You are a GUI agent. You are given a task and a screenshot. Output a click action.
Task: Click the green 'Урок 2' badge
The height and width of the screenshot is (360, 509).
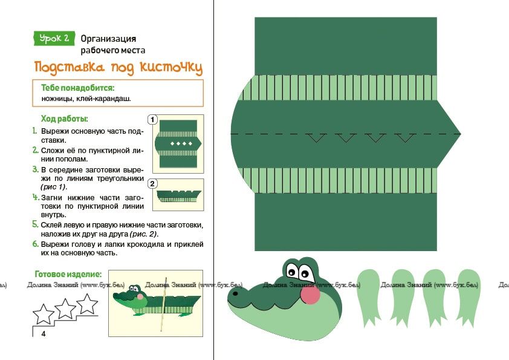pyautogui.click(x=54, y=38)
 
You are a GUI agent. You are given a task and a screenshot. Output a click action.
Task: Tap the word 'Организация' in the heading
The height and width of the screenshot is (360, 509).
pyautogui.click(x=108, y=39)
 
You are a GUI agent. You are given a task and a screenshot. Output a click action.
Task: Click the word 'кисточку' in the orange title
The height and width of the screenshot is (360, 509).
pyautogui.click(x=171, y=67)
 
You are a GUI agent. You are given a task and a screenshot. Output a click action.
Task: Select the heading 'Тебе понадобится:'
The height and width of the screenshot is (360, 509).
pyautogui.click(x=77, y=88)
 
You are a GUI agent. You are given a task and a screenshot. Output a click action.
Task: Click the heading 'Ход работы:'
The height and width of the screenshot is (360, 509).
pyautogui.click(x=64, y=119)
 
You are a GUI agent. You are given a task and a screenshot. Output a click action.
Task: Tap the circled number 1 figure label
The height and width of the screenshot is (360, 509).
pyautogui.click(x=152, y=120)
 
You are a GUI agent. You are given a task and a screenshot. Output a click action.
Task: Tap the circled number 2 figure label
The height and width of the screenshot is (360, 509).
pyautogui.click(x=152, y=184)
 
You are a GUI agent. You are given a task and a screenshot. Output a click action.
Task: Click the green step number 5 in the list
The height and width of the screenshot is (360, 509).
pyautogui.click(x=36, y=224)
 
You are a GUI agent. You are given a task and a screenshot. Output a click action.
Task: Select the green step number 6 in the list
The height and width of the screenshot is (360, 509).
pyautogui.click(x=36, y=244)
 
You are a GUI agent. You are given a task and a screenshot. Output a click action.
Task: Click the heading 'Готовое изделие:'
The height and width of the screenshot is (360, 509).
pyautogui.click(x=68, y=274)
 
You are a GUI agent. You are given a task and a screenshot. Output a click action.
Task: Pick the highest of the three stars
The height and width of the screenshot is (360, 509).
pyautogui.click(x=87, y=304)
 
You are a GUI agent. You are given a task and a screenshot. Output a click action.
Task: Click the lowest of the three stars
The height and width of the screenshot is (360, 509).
pyautogui.click(x=44, y=314)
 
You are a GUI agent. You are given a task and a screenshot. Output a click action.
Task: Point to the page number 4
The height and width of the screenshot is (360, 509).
pyautogui.click(x=44, y=334)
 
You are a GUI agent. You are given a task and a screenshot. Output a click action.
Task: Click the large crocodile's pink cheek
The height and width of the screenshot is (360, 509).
pyautogui.click(x=310, y=294)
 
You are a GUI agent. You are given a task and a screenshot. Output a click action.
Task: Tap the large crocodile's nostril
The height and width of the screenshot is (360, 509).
pyautogui.click(x=235, y=293)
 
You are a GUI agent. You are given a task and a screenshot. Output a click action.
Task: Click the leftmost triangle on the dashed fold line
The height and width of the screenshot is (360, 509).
pyautogui.click(x=316, y=138)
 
